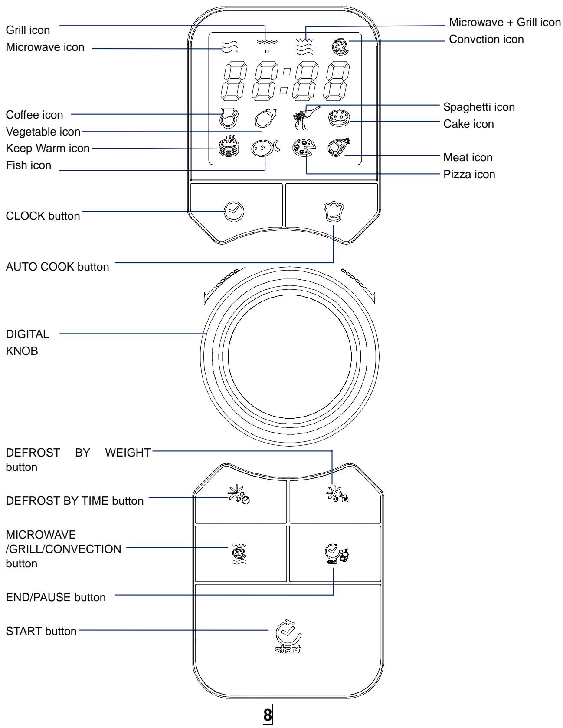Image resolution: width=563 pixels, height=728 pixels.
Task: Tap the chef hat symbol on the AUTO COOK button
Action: click(x=333, y=212)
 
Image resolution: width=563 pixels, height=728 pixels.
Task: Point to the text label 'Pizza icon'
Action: click(x=469, y=175)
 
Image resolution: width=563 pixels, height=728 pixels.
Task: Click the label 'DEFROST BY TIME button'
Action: click(x=75, y=501)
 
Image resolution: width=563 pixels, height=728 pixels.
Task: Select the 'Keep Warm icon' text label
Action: click(x=48, y=148)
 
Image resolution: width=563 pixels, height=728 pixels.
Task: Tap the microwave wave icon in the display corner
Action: click(x=229, y=46)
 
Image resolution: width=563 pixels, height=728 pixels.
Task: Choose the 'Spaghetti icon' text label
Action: click(x=479, y=107)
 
